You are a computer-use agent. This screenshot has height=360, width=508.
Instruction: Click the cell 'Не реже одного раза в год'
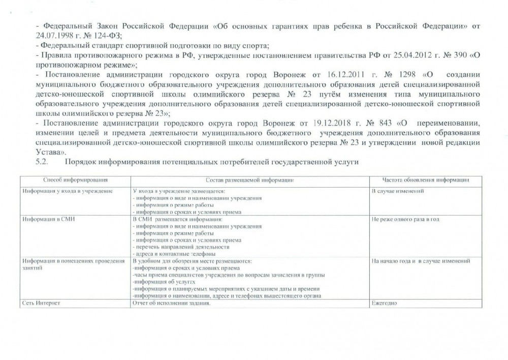(x=405, y=219)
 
